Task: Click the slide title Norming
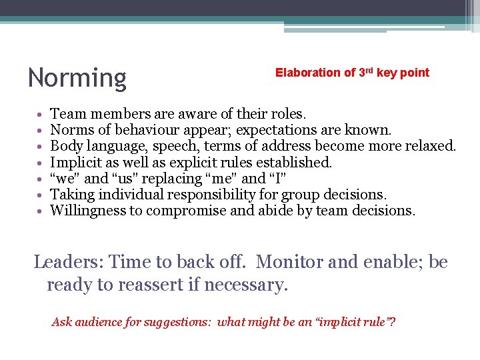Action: tap(77, 78)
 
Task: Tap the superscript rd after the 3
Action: tap(369, 70)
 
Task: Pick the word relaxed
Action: tap(432, 146)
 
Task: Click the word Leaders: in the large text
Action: tap(69, 262)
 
